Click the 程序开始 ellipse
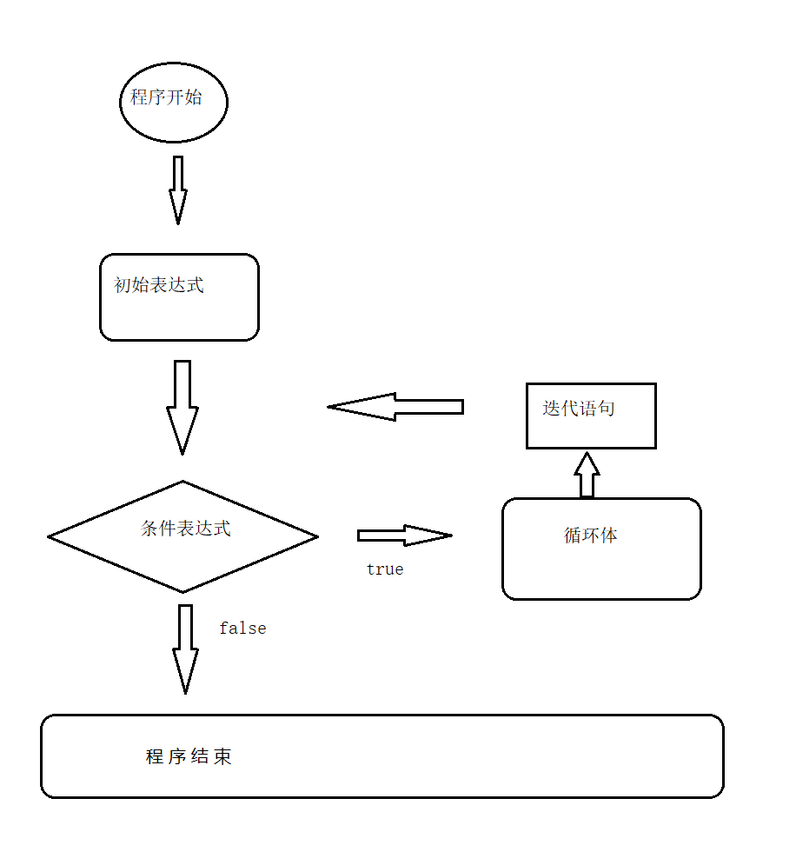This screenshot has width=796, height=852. coord(173,102)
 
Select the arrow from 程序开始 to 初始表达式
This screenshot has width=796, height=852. coord(178,190)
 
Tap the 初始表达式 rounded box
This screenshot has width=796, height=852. coord(179,297)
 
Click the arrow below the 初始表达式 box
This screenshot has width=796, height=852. coord(182,407)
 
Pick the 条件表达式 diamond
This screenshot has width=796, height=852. coord(183,537)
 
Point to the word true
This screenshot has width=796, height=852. coord(385,569)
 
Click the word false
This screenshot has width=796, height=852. coord(242,629)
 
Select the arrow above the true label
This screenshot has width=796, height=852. coord(403,536)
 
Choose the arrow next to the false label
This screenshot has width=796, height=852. coord(185,649)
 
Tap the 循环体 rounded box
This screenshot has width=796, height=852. coord(601,549)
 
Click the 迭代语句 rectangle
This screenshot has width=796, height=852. coord(591,416)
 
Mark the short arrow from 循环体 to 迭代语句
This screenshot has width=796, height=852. coord(587,475)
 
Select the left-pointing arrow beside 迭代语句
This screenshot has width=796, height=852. coord(395,407)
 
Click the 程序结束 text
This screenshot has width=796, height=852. coord(189,756)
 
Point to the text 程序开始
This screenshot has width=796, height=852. coord(166,97)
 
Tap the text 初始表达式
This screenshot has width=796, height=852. coord(159,285)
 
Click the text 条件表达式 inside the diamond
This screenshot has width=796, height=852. coord(186,529)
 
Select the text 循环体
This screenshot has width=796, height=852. coord(591,536)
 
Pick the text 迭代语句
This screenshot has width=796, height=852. coord(579,409)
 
